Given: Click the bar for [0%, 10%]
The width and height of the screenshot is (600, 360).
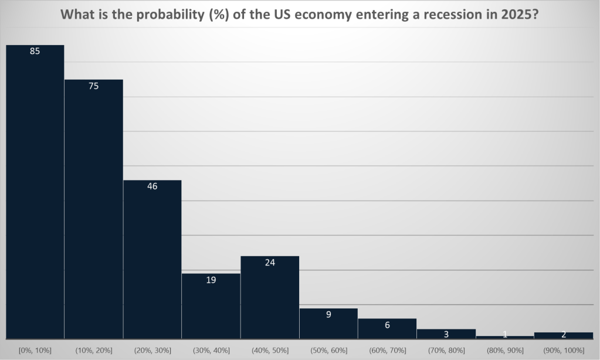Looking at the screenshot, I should (35, 193).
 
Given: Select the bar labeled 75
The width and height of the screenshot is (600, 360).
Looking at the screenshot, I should (93, 211).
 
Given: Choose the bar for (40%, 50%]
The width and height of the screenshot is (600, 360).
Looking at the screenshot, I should (270, 299).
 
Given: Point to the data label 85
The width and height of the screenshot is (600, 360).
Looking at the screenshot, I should (35, 52).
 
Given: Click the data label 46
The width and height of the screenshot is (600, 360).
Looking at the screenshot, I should (152, 186).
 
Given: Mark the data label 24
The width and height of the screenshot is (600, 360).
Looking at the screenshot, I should (270, 263).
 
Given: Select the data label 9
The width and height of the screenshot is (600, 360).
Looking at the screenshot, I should (328, 314).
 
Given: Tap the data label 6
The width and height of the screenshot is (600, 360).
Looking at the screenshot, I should (387, 325).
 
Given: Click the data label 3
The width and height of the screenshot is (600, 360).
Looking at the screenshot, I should (446, 334).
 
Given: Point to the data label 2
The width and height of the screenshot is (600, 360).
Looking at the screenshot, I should (564, 335).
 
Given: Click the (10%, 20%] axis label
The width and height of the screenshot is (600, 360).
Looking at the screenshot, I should (93, 350).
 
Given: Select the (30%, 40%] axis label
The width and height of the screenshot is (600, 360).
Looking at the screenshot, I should (211, 350).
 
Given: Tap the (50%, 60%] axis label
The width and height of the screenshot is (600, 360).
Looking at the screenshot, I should (328, 350).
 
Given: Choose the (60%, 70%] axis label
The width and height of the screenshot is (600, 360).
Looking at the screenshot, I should (387, 350).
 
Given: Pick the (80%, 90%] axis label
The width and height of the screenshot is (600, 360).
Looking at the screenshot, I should (505, 350).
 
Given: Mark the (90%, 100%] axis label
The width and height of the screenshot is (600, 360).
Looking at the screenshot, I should (564, 350).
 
